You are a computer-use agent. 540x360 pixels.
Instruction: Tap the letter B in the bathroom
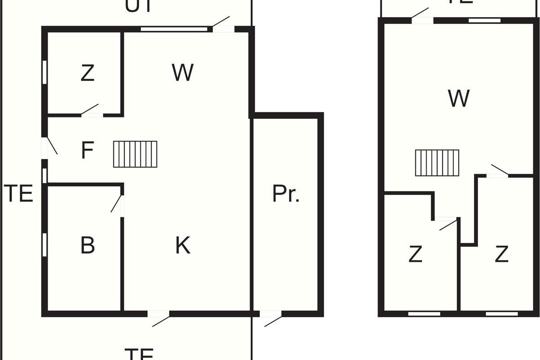pos(87,246)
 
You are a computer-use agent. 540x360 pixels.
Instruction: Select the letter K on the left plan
pos(183,246)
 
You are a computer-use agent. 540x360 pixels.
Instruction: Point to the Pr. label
pos(286,194)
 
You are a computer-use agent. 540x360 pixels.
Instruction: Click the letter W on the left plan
pos(183,72)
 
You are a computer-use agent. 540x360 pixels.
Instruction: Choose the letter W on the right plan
pos(459,99)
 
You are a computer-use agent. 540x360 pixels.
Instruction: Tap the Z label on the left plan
pos(87,73)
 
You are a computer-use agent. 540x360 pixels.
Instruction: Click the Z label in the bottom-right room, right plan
pos(501,255)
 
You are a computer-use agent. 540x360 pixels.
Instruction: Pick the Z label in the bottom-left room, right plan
pos(415,255)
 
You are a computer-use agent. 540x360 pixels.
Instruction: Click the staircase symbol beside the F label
pos(135,154)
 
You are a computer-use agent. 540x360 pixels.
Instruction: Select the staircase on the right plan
pos(437,163)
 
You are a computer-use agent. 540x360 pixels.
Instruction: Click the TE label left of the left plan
pos(19,194)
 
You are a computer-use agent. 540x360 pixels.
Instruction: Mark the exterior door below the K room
pos(159,318)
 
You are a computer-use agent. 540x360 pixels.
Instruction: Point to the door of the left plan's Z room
pos(91,111)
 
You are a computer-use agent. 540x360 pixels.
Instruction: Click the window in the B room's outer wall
pos(45,244)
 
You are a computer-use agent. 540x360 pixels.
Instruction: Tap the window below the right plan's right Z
pos(501,314)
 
